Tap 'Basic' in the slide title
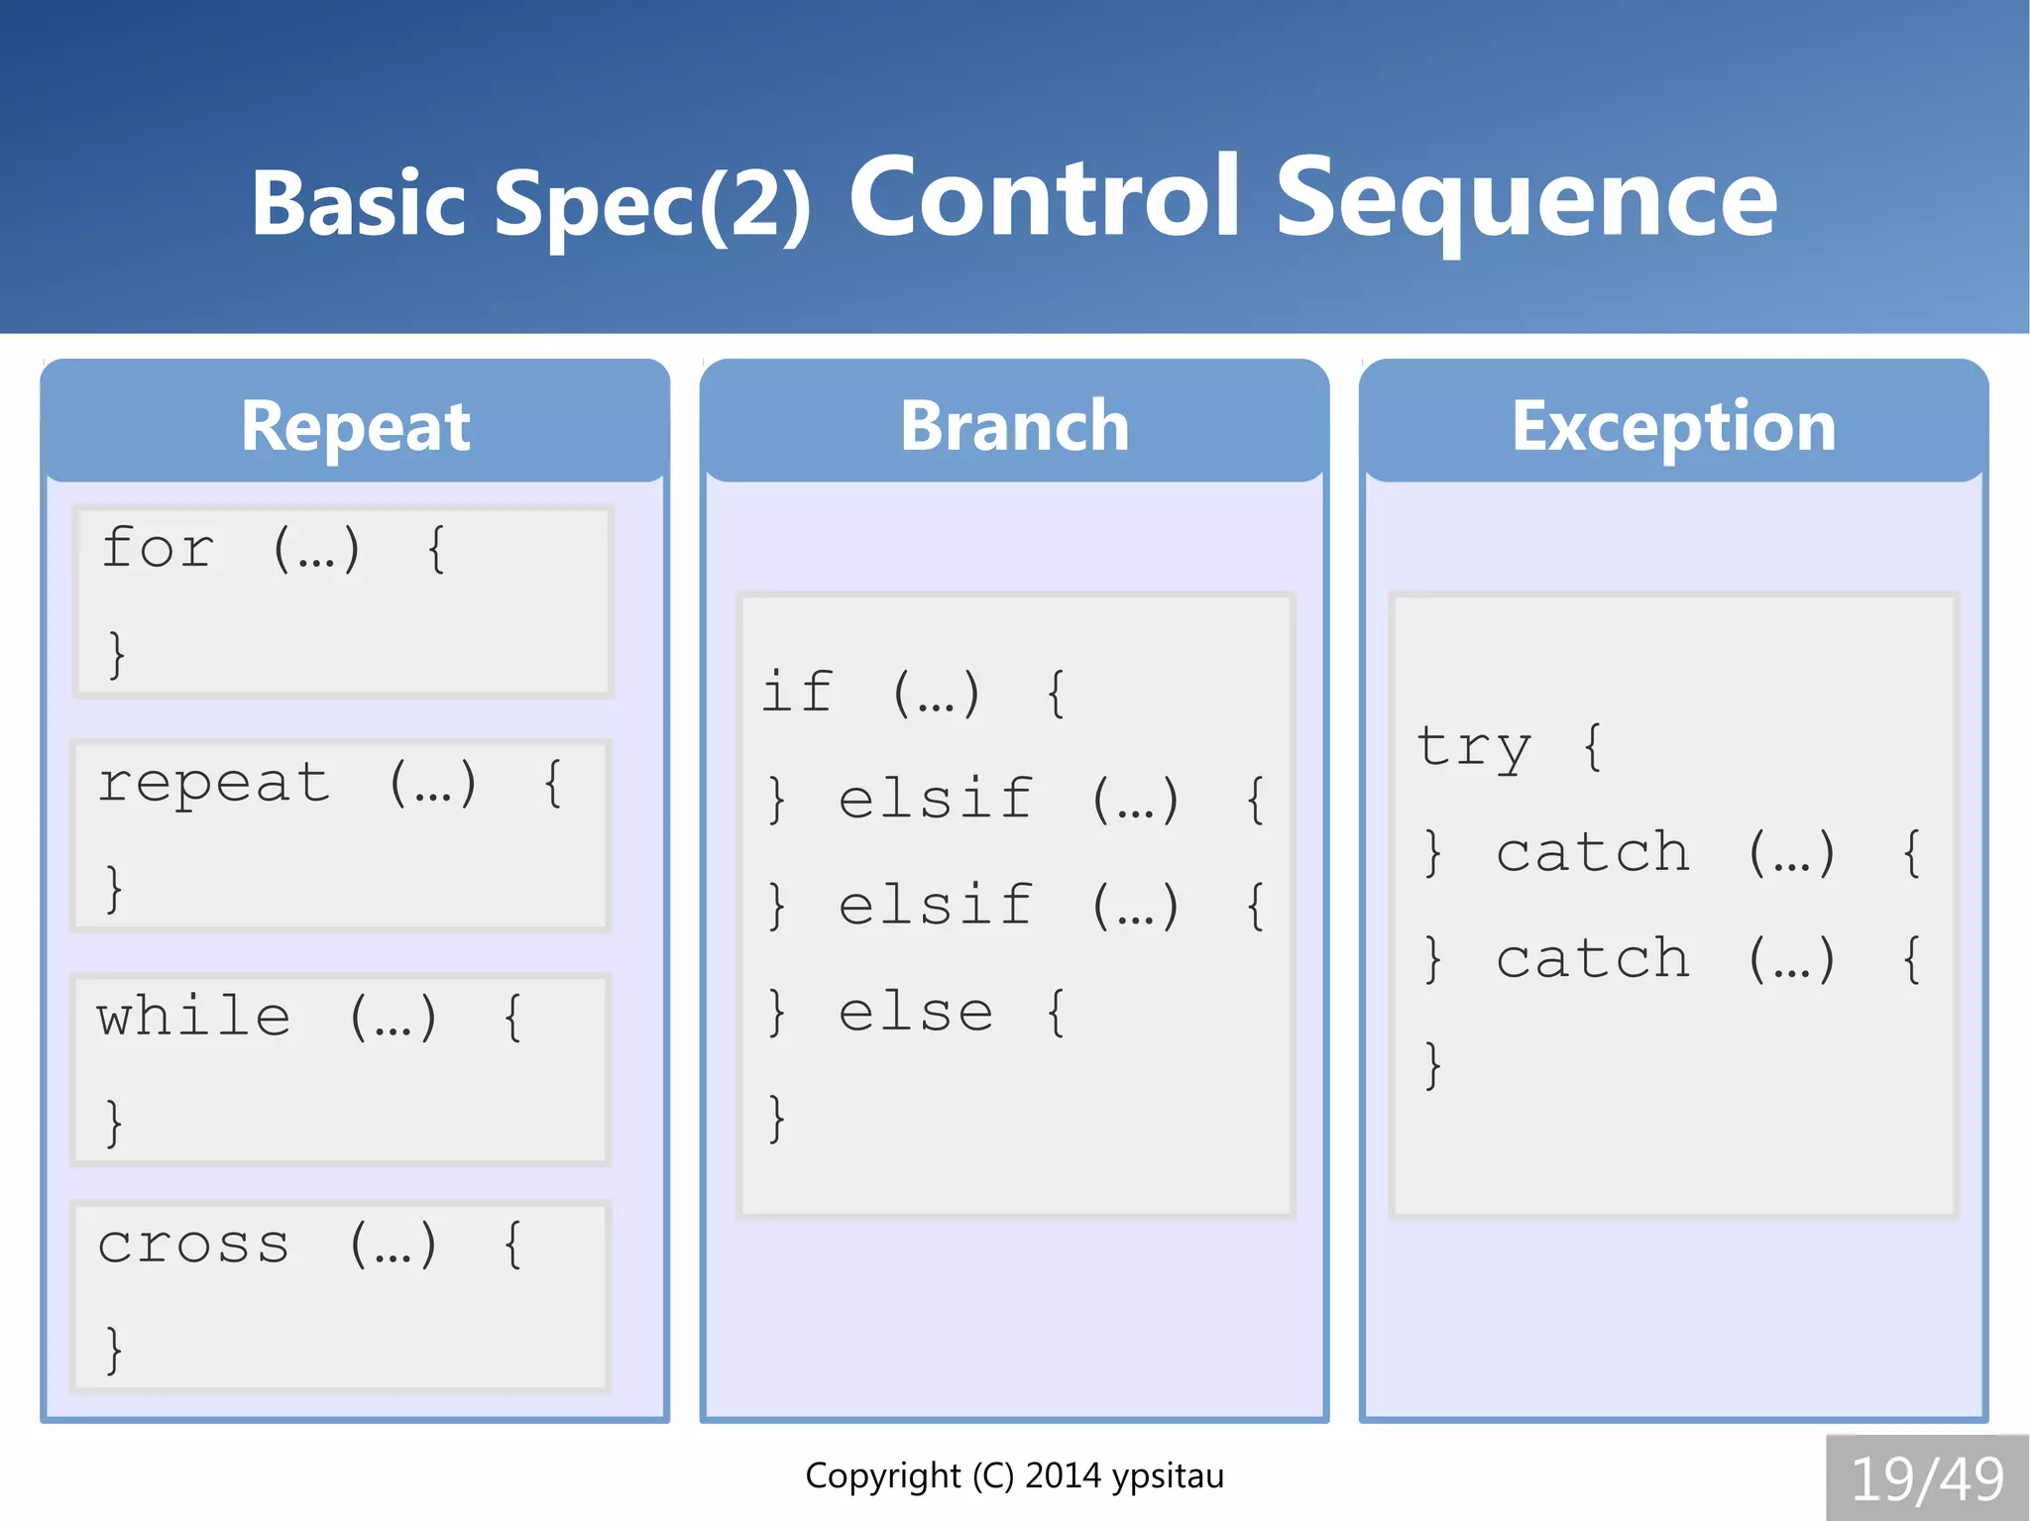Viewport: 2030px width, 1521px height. pyautogui.click(x=358, y=204)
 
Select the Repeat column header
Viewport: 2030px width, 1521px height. pyautogui.click(x=355, y=426)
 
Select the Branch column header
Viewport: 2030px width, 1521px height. pyautogui.click(x=1014, y=426)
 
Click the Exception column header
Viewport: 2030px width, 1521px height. pyautogui.click(x=1673, y=426)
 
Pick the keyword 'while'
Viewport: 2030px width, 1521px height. pyautogui.click(x=193, y=1017)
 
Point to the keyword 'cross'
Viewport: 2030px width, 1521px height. pyautogui.click(x=193, y=1245)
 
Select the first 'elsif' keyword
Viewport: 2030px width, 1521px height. pyautogui.click(x=935, y=799)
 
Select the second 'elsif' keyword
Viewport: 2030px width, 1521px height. pyautogui.click(x=935, y=906)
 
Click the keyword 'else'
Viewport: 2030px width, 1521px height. pyautogui.click(x=915, y=1013)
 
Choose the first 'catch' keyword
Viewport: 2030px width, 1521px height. pyautogui.click(x=1593, y=853)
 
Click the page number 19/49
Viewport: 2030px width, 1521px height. pyautogui.click(x=1926, y=1479)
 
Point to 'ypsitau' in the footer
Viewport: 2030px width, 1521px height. pyautogui.click(x=1167, y=1476)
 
